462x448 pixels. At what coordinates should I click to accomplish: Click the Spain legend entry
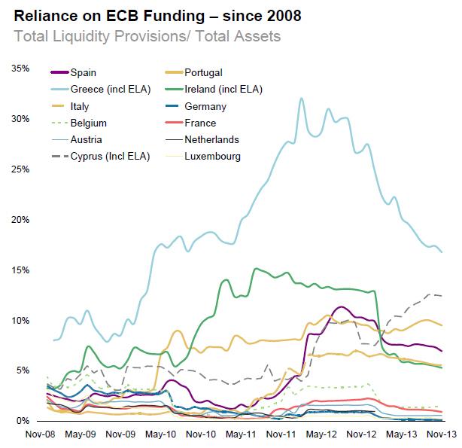[x=84, y=72]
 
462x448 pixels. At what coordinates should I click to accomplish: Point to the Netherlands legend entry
[x=212, y=139]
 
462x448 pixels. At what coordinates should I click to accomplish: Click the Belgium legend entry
[x=89, y=123]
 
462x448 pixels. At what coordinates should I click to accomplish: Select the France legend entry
[x=200, y=123]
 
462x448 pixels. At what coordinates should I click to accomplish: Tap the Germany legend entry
[x=205, y=106]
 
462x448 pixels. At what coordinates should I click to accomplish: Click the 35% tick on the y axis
[x=20, y=69]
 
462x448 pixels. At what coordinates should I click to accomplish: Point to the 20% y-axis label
[x=20, y=220]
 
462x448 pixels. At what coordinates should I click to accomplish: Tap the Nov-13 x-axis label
[x=442, y=434]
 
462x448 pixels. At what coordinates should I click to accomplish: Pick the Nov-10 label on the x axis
[x=200, y=434]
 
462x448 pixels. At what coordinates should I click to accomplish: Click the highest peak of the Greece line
[x=302, y=98]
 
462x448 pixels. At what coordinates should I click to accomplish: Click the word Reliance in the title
[x=43, y=17]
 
